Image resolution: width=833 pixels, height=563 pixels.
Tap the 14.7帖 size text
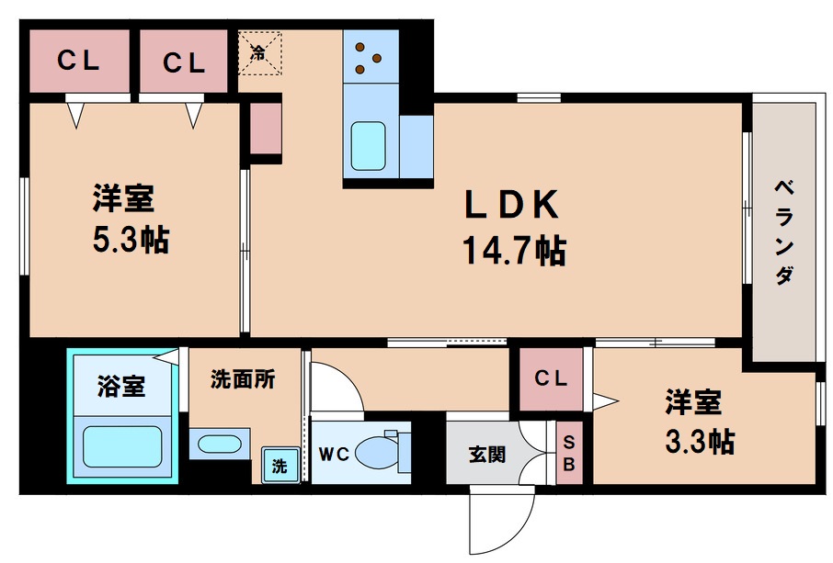point(513,250)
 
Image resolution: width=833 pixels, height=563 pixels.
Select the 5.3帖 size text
point(130,241)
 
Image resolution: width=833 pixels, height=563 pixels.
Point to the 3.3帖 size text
point(699,442)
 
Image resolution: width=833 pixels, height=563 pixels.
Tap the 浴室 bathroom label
point(120,386)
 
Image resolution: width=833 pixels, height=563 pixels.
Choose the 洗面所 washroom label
point(243,378)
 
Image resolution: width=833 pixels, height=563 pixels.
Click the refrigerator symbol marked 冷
point(258,51)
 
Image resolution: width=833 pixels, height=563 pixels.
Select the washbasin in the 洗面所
point(217,445)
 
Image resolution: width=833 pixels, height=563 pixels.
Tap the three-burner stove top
point(370,56)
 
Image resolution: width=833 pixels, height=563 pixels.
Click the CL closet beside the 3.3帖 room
point(551,378)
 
